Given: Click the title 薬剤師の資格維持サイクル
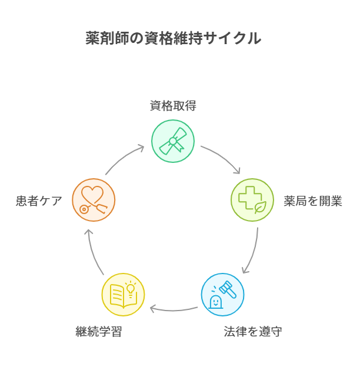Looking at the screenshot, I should point(173,39).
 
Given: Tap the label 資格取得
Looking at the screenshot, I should point(173,106).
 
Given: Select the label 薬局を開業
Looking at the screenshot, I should point(313,201).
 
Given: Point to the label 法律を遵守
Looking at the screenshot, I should point(253,332).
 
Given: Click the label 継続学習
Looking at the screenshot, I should point(99,332).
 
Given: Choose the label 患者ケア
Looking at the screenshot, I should point(39,201).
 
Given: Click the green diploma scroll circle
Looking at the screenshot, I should point(173,141).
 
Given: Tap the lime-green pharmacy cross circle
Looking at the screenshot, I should point(252,200).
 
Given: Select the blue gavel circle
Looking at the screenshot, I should point(223,295).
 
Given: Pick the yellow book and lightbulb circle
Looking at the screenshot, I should point(123,295).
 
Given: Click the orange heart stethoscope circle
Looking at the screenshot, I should point(94,200).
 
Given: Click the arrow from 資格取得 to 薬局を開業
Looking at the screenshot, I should point(222,157).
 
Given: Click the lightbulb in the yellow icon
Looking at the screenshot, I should point(131,288).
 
